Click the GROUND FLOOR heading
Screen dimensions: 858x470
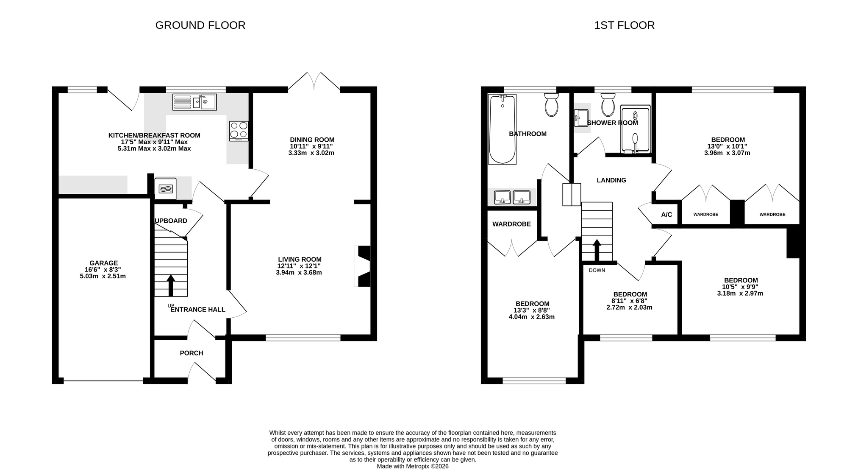click(x=200, y=25)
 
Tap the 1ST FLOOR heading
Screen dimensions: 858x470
click(x=624, y=25)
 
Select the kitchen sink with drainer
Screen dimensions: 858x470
click(x=194, y=102)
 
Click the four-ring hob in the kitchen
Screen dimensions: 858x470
click(x=239, y=131)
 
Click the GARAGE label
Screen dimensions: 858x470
click(x=104, y=263)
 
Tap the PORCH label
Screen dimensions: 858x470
click(x=192, y=353)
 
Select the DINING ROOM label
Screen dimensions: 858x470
click(x=312, y=140)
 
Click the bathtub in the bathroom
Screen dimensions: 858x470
click(x=502, y=129)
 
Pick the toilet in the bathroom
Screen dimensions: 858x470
click(x=551, y=104)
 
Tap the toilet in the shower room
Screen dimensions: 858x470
click(x=608, y=104)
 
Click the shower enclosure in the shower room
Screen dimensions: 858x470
click(x=635, y=129)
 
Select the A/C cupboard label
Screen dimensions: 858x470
click(x=666, y=215)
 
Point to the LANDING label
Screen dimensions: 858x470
click(x=611, y=180)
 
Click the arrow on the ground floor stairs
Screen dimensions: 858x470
click(x=171, y=285)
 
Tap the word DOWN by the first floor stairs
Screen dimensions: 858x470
click(x=597, y=270)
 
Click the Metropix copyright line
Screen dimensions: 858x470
click(x=413, y=466)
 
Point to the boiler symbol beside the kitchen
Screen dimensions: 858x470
click(x=166, y=188)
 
